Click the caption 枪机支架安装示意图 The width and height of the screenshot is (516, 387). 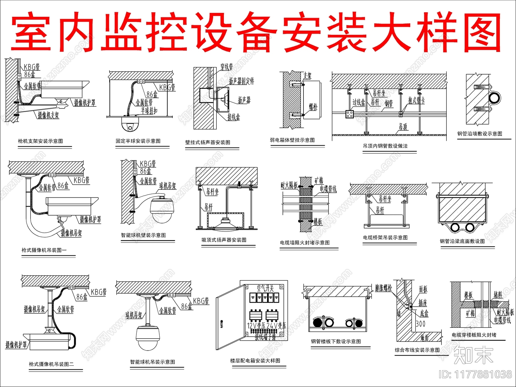[x=40, y=141]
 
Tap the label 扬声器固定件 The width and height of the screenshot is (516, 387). [x=241, y=81]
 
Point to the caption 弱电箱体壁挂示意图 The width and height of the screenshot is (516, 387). [x=292, y=140]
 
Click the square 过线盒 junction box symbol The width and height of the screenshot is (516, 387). [x=350, y=114]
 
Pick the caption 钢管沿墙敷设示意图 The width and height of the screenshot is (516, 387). [x=480, y=134]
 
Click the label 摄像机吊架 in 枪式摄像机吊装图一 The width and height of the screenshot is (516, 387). [x=71, y=233]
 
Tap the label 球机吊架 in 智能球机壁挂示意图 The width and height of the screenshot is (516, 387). [x=167, y=186]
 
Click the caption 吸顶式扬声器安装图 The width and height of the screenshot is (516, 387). [x=224, y=240]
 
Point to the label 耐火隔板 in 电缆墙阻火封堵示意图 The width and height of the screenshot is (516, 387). [x=289, y=185]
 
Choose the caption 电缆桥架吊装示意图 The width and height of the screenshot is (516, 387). [x=385, y=238]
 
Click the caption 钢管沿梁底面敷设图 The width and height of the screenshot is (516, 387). [x=462, y=241]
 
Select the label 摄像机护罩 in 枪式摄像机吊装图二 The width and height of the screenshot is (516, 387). [x=16, y=345]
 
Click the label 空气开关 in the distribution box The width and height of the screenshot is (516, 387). [x=265, y=288]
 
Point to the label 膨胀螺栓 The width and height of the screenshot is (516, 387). [x=383, y=288]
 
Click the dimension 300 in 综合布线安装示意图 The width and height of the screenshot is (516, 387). [x=420, y=324]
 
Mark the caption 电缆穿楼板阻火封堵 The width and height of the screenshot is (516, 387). [x=474, y=335]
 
